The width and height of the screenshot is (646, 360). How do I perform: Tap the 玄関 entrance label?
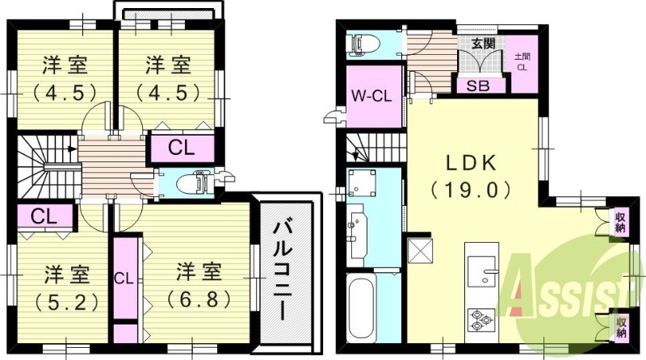pyautogui.click(x=483, y=44)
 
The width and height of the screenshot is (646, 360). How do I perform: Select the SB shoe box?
pyautogui.click(x=478, y=86)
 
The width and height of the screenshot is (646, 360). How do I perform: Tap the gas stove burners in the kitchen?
pyautogui.click(x=480, y=320)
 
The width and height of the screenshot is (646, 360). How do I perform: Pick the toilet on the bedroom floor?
pyautogui.click(x=195, y=182)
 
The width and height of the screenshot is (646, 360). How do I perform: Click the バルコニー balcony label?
pyautogui.click(x=283, y=270)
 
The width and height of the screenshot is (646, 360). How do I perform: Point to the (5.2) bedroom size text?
pyautogui.click(x=67, y=303)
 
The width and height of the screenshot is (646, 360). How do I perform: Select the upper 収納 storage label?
pyautogui.click(x=620, y=222)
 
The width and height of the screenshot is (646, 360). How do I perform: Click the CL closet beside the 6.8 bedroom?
pyautogui.click(x=124, y=278)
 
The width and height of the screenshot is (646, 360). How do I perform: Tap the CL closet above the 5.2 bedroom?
pyautogui.click(x=44, y=216)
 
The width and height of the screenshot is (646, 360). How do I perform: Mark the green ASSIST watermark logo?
pyautogui.click(x=571, y=295)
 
